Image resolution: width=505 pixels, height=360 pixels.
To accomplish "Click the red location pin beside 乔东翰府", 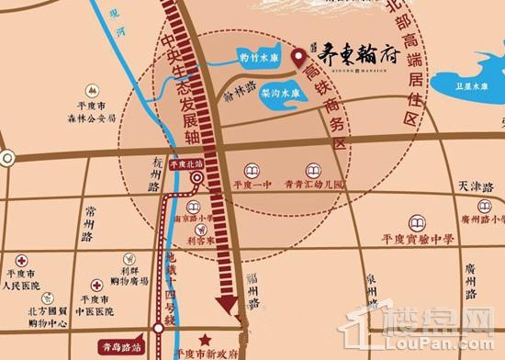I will pos(297,58).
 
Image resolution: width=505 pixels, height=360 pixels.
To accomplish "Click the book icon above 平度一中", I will pos(252,169).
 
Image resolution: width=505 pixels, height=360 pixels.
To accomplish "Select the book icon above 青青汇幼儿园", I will pos(313,169).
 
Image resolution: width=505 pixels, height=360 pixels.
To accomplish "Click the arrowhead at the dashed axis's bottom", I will pos(223,309).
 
